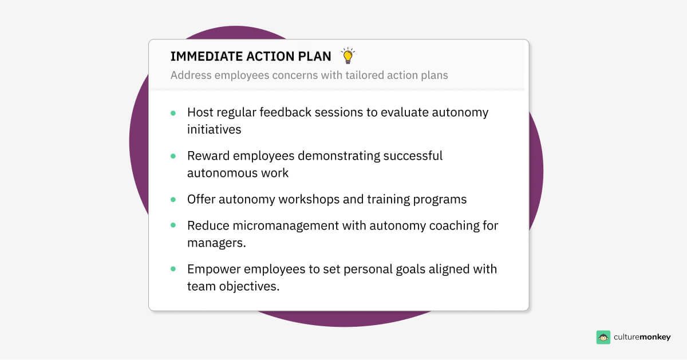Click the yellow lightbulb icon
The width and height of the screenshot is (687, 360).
tap(348, 56)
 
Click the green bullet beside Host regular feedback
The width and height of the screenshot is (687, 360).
tap(173, 113)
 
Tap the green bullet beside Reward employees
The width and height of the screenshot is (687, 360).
tap(173, 156)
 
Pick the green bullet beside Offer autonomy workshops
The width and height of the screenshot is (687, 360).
tap(173, 200)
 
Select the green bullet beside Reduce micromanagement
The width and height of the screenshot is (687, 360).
tap(173, 226)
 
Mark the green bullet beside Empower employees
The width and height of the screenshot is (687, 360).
tap(173, 270)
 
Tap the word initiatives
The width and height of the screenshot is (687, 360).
tap(214, 129)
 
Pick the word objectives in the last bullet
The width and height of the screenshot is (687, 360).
tap(247, 286)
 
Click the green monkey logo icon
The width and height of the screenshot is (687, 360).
tap(603, 337)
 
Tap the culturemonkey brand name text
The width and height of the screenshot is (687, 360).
tap(642, 337)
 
